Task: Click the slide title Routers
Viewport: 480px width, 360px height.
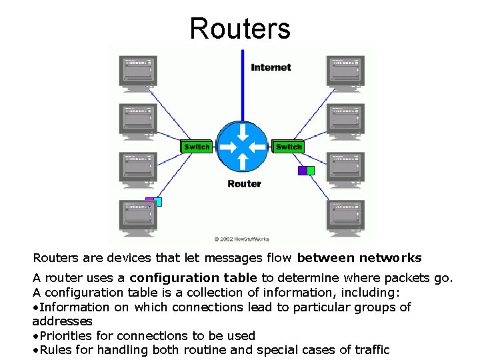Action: coord(240,29)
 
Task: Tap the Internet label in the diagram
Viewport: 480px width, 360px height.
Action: coord(271,67)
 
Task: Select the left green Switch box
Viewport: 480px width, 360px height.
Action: coord(197,147)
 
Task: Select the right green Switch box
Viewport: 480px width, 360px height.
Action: coord(288,147)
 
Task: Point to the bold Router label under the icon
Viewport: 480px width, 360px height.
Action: coord(244,184)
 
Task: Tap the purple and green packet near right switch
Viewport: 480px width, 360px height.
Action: coord(306,171)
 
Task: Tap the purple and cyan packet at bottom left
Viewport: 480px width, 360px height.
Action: coord(154,201)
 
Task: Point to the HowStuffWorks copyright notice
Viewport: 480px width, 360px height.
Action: coord(241,238)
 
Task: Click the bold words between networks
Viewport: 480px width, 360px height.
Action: coord(359,257)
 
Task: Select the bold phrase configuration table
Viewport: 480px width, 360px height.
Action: coord(193,277)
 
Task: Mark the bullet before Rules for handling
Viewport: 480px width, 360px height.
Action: coord(35,350)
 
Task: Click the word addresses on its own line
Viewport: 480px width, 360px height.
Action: coord(62,321)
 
